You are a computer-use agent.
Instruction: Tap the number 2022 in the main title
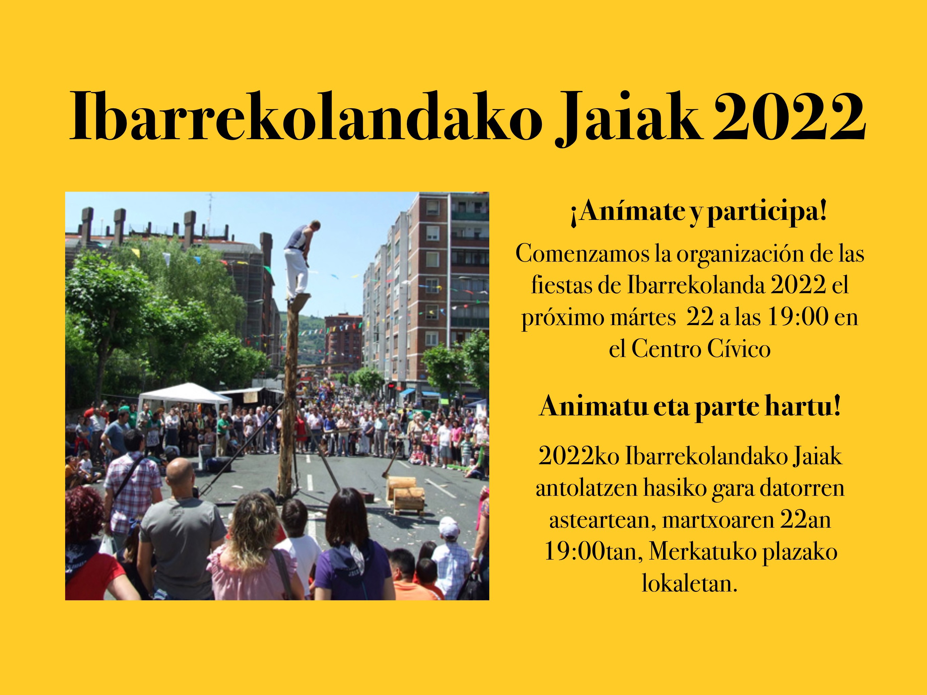(x=788, y=116)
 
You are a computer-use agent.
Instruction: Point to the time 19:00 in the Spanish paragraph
(x=798, y=317)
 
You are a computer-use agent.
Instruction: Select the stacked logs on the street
(x=406, y=493)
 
